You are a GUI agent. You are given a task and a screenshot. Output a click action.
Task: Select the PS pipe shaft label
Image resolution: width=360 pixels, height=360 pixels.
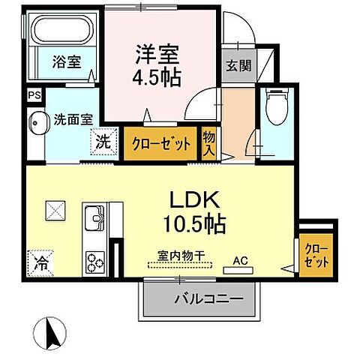pyautogui.click(x=33, y=95)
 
